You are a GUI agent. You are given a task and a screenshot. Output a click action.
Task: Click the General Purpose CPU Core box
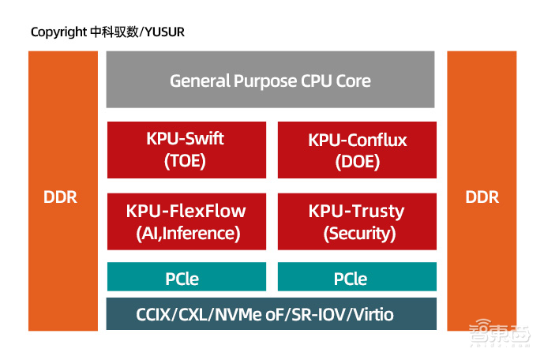coord(270,80)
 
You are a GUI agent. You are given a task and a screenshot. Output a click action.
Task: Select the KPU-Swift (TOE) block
coord(186,150)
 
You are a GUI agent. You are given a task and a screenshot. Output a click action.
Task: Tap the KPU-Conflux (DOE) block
coord(357,150)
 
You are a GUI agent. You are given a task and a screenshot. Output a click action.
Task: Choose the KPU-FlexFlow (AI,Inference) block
coord(186,222)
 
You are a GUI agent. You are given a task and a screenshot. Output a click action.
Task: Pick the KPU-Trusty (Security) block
coord(357,222)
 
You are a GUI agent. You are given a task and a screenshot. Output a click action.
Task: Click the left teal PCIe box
coord(186,279)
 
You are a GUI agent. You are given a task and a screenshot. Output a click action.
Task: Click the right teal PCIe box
coord(357,279)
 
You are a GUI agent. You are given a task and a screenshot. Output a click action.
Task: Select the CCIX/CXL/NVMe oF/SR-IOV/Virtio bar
coord(271,314)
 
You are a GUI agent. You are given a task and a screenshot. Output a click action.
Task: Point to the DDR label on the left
coord(61,197)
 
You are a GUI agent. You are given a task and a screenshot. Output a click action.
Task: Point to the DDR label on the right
coord(481,197)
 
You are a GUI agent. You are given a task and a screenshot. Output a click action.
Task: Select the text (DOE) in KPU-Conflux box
coord(357,162)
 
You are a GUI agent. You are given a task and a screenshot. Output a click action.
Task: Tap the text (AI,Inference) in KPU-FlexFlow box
coord(186,234)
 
